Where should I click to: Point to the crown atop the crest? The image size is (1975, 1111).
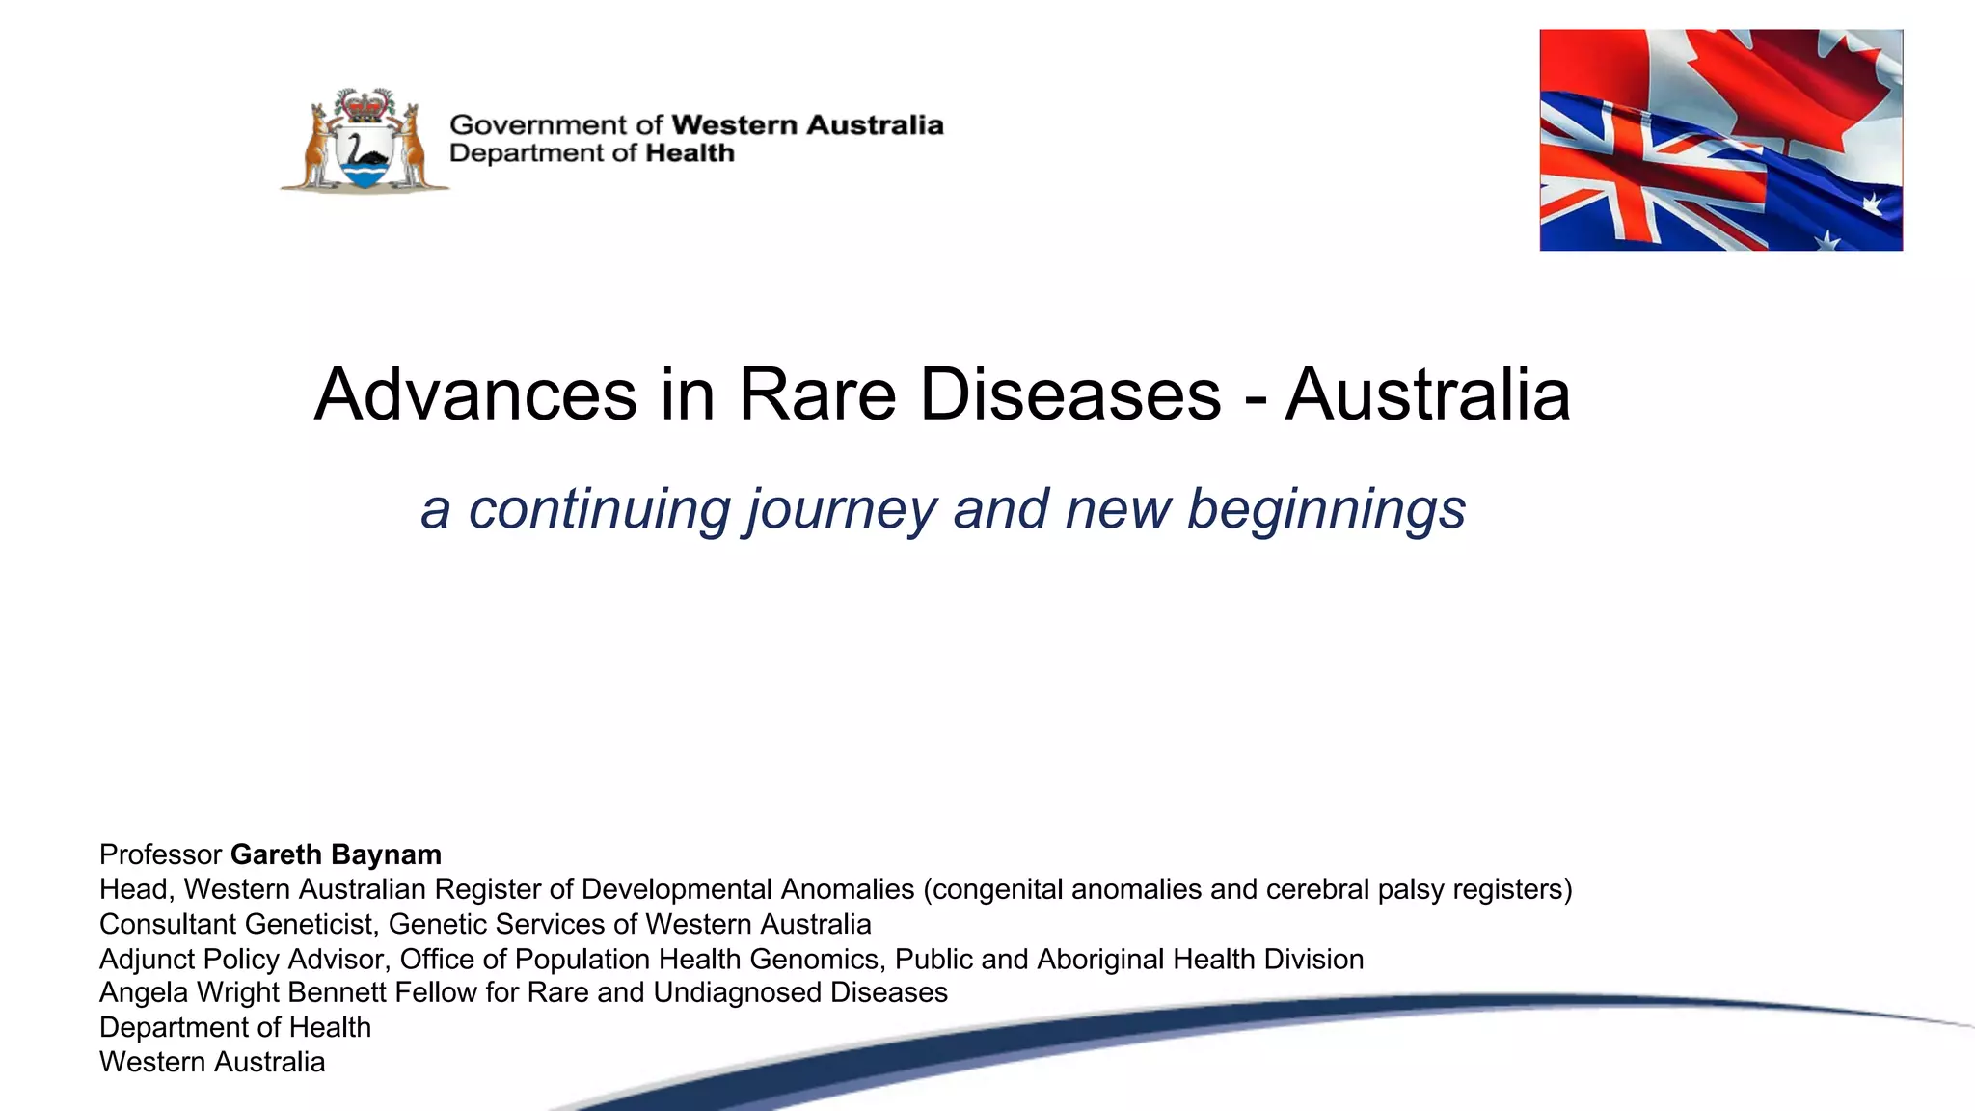[365, 103]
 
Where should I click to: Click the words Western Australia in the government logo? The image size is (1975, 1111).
[806, 125]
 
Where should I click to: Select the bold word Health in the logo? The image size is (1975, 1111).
[690, 153]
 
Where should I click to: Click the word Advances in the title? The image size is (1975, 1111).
[475, 394]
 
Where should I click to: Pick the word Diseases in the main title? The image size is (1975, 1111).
[1070, 394]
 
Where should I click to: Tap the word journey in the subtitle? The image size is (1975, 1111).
[842, 510]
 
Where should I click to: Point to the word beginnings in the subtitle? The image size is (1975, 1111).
[1326, 510]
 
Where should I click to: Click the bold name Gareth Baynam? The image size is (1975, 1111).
[336, 854]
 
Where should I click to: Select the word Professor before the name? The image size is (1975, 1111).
[161, 854]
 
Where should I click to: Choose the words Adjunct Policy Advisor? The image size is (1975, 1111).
[241, 960]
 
